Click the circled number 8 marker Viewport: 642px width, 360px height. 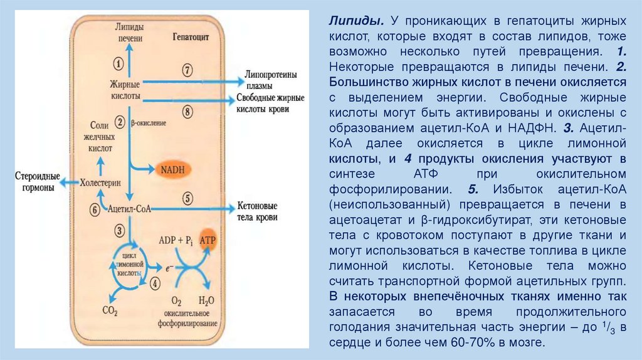pos(187,112)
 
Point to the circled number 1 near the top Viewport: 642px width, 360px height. pos(117,62)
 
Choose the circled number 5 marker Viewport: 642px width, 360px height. pos(187,198)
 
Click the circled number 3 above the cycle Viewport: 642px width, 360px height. pos(118,231)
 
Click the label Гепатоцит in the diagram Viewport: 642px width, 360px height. pos(190,37)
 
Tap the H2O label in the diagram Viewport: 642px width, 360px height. pos(206,300)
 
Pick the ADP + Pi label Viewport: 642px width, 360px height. pos(175,240)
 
